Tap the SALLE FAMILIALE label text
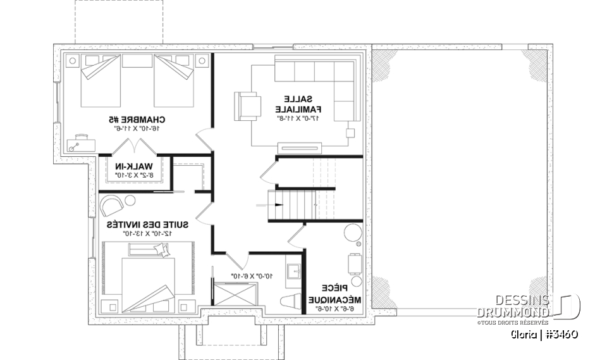point(297,104)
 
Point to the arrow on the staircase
point(261,205)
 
